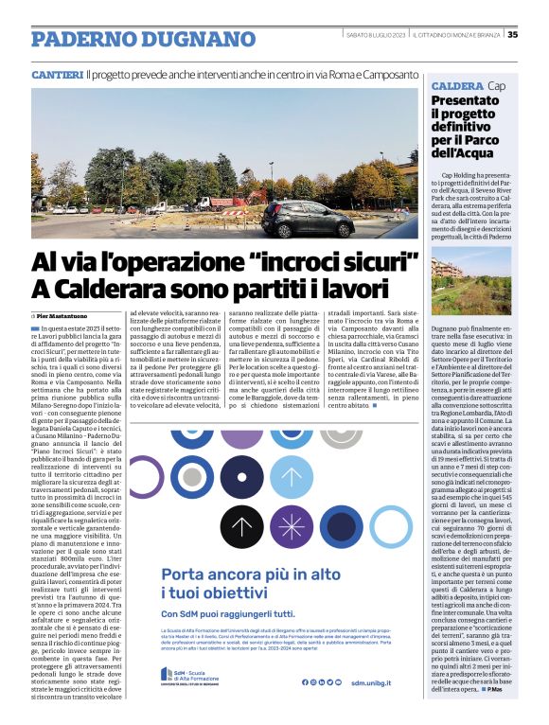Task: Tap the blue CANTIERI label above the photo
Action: [57, 74]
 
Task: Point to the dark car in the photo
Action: [307, 219]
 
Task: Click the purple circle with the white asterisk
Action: [292, 527]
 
